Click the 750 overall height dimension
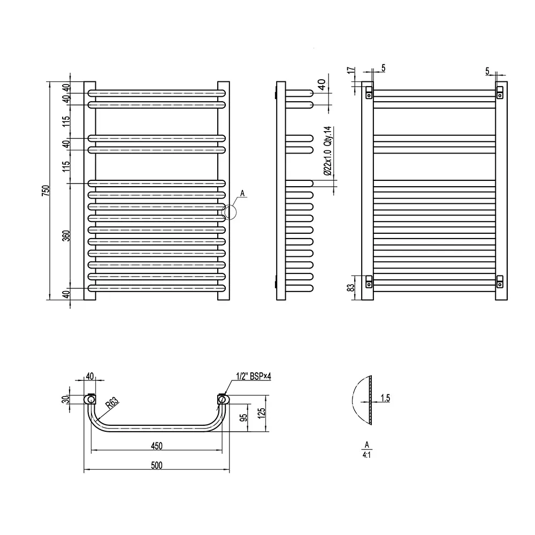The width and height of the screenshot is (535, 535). (x=45, y=190)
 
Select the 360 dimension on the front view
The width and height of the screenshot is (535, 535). (x=66, y=236)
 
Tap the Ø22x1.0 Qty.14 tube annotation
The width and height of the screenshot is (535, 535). (x=327, y=151)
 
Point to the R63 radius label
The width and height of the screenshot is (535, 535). (x=112, y=403)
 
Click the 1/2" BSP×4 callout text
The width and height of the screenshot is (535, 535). (x=254, y=376)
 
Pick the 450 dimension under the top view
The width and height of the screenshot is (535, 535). (x=157, y=446)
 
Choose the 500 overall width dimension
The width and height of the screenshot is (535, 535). (x=157, y=465)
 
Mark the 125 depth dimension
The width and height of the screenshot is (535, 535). (x=262, y=414)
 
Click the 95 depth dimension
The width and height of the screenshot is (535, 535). (x=243, y=418)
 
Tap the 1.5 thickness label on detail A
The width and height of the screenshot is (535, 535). (x=385, y=398)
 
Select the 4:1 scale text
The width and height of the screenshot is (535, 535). (x=366, y=455)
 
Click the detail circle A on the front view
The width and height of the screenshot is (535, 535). (x=229, y=212)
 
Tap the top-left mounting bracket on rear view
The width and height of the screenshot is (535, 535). (x=369, y=93)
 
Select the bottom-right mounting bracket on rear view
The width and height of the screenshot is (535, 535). (x=500, y=281)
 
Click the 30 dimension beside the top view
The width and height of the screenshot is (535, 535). (x=66, y=399)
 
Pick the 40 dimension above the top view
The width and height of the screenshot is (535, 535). (x=90, y=376)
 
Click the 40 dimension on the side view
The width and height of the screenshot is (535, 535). (x=322, y=85)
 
